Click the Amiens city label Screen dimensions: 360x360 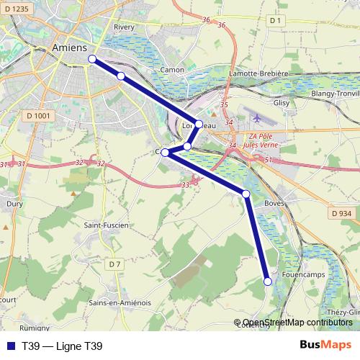pos(70,47)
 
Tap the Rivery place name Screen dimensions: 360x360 pos(125,27)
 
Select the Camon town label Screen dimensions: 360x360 pos(172,70)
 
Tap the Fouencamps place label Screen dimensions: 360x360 pos(305,274)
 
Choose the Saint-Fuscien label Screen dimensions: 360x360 pos(107,225)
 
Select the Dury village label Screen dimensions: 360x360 pos(14,204)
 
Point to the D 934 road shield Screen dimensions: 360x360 pos(342,213)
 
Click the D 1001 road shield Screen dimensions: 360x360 pos(38,115)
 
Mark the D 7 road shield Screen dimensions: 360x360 pos(114,264)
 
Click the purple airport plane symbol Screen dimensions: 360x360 pos(256,117)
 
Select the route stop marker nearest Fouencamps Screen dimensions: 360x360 pos(267,282)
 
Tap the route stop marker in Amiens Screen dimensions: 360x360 pos(92,59)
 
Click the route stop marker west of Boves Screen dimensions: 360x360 pos(246,194)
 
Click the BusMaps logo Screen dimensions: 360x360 pos(325,346)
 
